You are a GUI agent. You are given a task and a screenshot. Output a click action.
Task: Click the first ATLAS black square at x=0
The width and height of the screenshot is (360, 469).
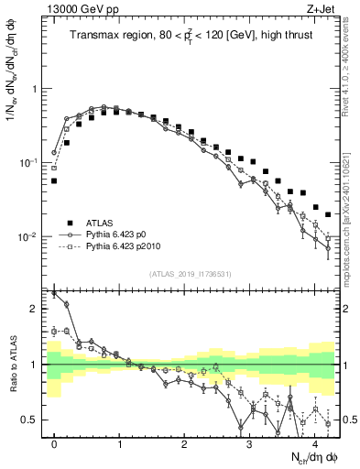tap(54, 181)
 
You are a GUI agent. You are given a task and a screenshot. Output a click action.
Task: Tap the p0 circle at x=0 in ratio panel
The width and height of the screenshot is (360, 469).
tap(54, 294)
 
